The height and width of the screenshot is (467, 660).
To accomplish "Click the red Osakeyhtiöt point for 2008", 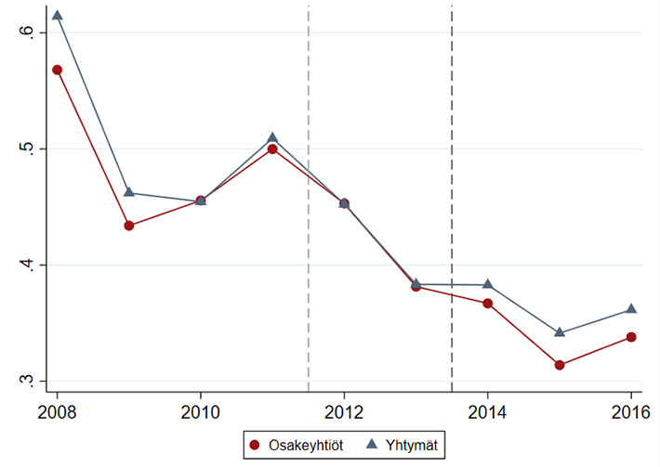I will coord(57,70).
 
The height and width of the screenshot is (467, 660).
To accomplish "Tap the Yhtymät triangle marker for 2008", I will coord(57,15).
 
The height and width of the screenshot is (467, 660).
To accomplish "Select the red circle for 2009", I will coord(129,226).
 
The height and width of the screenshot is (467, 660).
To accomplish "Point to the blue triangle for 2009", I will coord(129,192).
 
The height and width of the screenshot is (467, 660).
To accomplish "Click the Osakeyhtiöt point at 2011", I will coord(272,149).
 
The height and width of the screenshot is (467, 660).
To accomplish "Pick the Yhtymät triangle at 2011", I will coord(272,137).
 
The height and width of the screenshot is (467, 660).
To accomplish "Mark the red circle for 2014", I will coord(487,304).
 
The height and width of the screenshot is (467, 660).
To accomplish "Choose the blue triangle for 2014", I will coord(487,284).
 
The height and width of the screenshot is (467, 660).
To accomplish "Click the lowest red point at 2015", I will coord(560,365).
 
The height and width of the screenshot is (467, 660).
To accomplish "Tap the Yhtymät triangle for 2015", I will coord(560,331).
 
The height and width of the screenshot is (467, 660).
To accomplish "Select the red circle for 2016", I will coord(631,337).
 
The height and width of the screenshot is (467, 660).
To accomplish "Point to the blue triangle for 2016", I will coord(631,308).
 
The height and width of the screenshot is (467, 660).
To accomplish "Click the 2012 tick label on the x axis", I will coord(345,409).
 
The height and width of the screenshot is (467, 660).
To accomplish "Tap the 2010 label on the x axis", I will coord(201,409).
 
